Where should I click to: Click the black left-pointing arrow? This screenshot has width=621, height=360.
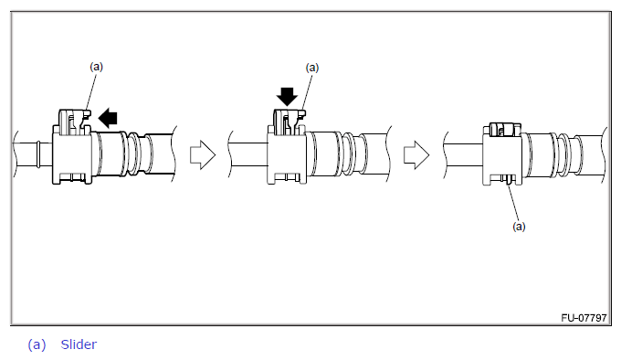point(108,119)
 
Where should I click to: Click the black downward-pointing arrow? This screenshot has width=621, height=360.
point(287,97)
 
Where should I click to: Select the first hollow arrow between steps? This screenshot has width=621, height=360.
point(203,154)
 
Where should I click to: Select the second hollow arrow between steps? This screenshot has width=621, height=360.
point(416,154)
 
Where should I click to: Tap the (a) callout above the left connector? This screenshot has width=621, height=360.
point(96,67)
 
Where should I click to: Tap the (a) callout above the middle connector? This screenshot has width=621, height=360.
point(312,68)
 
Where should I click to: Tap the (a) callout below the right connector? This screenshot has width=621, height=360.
point(519,227)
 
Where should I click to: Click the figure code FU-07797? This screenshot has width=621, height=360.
point(584,318)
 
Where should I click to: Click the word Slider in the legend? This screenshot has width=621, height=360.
point(79,344)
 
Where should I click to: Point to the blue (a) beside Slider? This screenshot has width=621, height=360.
point(37,344)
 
